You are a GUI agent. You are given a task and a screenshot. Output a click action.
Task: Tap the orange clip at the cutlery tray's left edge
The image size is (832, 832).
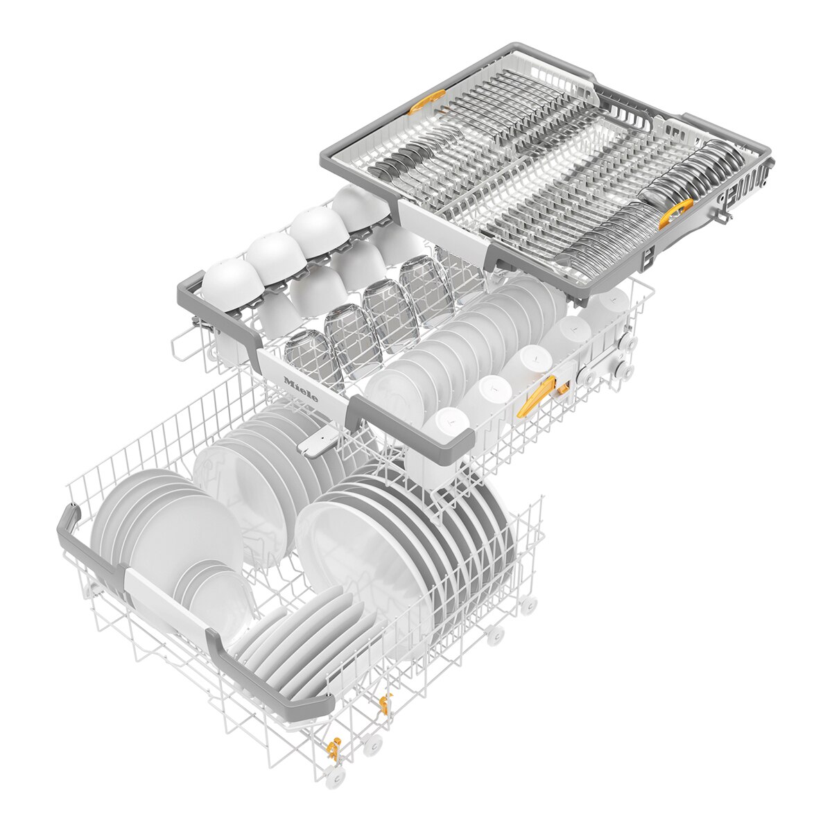pos(426,101)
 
